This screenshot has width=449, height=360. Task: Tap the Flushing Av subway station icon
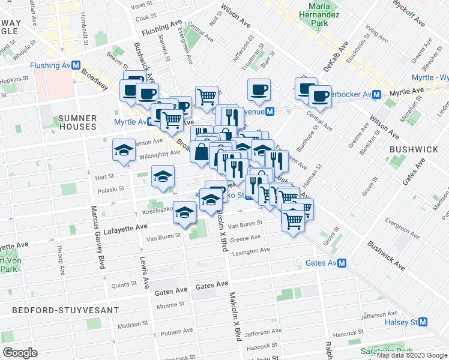[78, 65]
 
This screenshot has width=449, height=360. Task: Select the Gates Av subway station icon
[342, 263]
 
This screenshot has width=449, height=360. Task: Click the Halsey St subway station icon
[423, 322]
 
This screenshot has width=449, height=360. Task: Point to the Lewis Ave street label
[145, 270]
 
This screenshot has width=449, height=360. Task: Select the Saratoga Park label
[387, 350]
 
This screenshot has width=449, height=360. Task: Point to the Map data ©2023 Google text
[412, 355]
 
